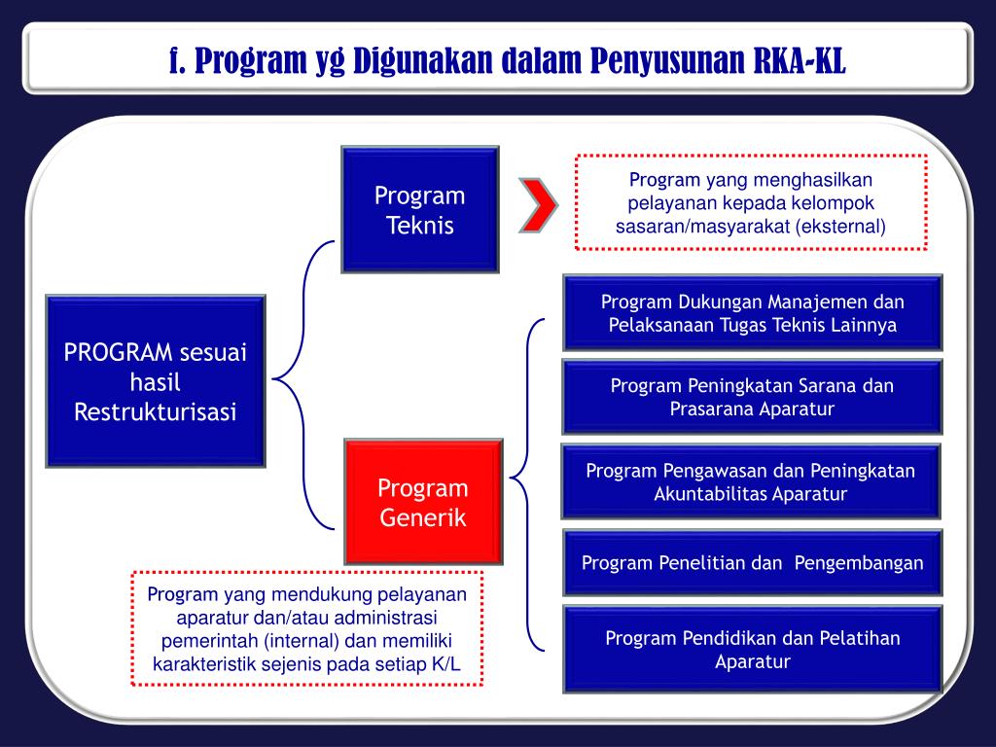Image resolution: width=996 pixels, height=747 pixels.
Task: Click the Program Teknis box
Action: (x=419, y=209)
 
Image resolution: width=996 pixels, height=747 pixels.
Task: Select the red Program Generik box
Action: (x=423, y=502)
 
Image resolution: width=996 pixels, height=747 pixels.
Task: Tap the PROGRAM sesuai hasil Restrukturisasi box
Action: (x=156, y=381)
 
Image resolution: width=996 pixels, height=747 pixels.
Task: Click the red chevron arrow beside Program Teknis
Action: (x=538, y=204)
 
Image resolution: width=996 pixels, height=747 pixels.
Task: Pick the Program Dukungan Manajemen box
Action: (x=752, y=312)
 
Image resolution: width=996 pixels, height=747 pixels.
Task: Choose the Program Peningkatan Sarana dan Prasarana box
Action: (x=752, y=397)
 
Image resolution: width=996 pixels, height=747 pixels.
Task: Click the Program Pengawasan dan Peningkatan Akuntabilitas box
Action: (x=750, y=481)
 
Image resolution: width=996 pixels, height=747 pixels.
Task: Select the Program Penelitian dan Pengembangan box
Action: (x=752, y=563)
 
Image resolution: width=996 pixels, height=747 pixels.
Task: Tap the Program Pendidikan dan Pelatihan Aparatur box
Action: (x=752, y=650)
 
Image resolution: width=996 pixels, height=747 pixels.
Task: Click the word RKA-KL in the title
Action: (x=800, y=60)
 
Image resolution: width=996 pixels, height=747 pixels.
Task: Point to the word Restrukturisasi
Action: (x=156, y=411)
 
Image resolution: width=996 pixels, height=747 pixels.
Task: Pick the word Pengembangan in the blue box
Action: (x=859, y=563)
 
